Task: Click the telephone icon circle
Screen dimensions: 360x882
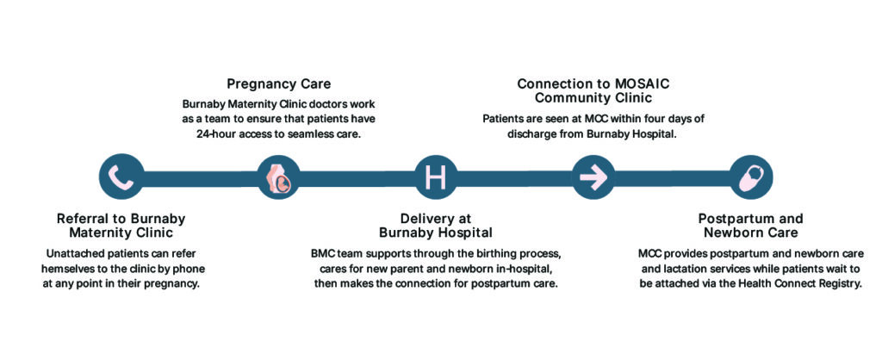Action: (x=121, y=177)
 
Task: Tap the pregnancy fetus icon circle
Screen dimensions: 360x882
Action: (x=278, y=177)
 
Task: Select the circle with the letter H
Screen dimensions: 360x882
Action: (x=436, y=177)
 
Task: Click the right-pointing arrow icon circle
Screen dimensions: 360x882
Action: (x=593, y=177)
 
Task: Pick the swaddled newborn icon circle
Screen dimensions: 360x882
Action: (x=750, y=177)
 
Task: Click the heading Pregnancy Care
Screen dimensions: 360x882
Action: (x=278, y=84)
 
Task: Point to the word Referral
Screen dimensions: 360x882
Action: (x=82, y=219)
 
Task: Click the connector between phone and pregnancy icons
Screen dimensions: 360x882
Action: (x=200, y=178)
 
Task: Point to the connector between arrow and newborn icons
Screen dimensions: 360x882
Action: (x=672, y=178)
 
